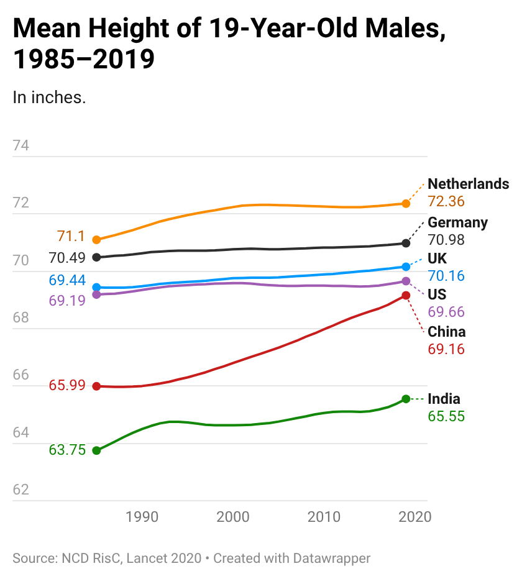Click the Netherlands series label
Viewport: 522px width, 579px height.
click(468, 184)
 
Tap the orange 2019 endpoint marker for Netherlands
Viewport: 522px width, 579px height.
click(406, 204)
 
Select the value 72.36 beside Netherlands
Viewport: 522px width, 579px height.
click(446, 202)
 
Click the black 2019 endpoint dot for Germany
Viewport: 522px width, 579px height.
click(406, 243)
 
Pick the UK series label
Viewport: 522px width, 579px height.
click(437, 258)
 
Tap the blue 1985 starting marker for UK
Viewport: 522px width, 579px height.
click(96, 288)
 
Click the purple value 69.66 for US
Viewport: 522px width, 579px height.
click(446, 312)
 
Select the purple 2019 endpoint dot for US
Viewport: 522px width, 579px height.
click(406, 281)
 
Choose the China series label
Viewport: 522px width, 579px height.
click(446, 332)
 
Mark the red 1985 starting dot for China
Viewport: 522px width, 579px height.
click(96, 386)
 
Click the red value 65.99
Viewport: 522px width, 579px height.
click(67, 386)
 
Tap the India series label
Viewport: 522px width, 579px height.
click(444, 399)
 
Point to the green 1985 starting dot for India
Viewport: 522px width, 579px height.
click(96, 450)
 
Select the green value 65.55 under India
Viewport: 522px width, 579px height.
click(446, 417)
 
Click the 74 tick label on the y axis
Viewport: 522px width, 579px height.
click(21, 146)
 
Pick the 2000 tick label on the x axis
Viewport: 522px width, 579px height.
click(232, 517)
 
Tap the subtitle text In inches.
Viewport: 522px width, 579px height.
click(49, 98)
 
